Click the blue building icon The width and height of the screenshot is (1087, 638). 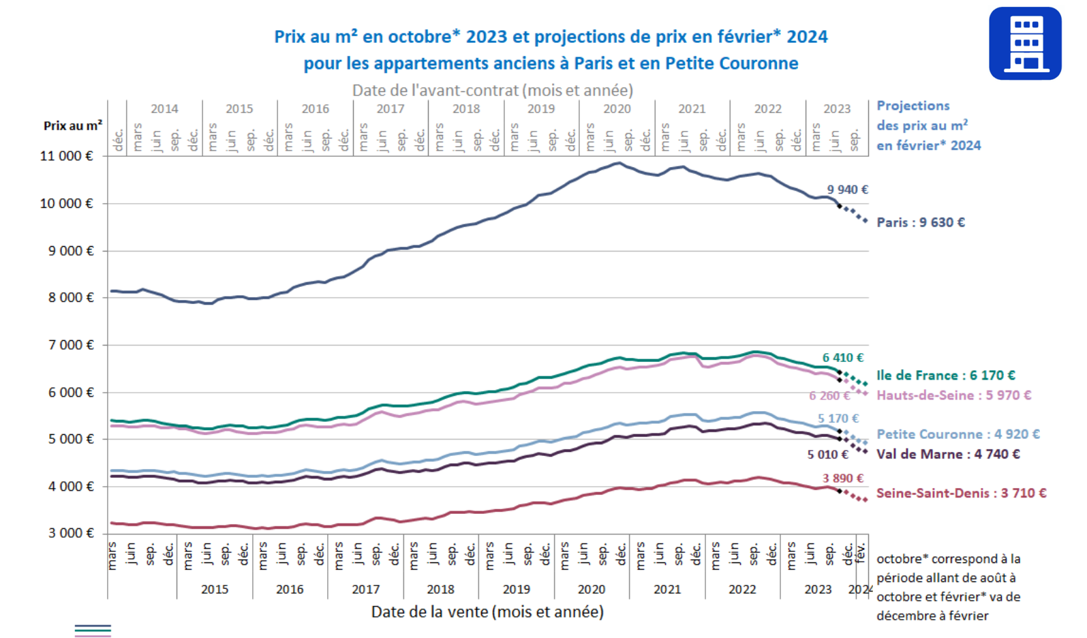coord(1024,44)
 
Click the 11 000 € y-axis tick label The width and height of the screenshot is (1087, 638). coord(67,156)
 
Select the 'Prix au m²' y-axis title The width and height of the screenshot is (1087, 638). coord(73,125)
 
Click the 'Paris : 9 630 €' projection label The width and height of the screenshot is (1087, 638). coord(920,222)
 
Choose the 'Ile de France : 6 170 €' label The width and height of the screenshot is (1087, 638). coord(945,375)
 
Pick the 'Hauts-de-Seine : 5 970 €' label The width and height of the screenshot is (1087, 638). coord(953,395)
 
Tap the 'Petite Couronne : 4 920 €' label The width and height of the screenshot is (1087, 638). coord(958,434)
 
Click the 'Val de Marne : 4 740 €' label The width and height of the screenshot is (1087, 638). coord(947,454)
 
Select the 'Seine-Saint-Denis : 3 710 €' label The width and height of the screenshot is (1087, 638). coord(961,493)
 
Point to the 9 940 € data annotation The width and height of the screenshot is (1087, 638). coord(847,189)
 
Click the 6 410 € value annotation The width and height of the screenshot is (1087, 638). coord(842,357)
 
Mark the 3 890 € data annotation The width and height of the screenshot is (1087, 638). coord(842,478)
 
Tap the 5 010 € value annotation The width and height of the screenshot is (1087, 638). coord(827,455)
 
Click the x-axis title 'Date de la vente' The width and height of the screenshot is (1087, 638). coord(487,612)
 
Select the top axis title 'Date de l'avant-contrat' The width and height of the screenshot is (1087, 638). coord(492,90)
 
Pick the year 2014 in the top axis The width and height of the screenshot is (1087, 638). coord(164,109)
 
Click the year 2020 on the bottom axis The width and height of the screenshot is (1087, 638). coord(591,590)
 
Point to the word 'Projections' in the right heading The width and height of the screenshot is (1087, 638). coord(913,106)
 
